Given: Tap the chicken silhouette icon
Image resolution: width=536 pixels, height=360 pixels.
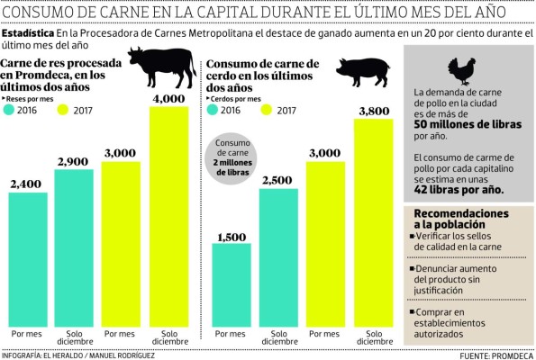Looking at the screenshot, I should click(464, 72).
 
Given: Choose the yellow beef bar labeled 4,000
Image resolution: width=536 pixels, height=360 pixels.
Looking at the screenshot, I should click(168, 216).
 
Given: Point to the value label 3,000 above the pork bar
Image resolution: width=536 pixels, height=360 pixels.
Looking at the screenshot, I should click(326, 152).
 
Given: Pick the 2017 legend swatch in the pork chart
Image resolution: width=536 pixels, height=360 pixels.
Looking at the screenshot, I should click(267, 110).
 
